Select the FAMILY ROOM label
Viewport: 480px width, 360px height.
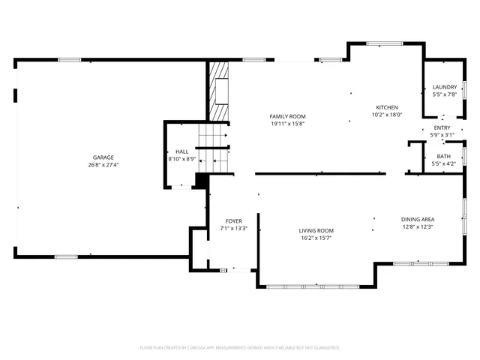[288, 115]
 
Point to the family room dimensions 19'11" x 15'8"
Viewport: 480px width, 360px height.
[288, 124]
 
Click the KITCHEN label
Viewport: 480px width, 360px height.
[386, 107]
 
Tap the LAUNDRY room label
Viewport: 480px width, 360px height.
[444, 87]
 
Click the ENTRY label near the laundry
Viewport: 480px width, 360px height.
[442, 128]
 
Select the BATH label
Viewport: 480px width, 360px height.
[444, 156]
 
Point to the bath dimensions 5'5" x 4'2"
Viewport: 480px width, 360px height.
[444, 163]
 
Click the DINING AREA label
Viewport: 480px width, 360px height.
[418, 219]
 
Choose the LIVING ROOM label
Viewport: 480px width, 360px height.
[316, 230]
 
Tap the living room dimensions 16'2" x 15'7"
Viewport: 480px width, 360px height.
[316, 238]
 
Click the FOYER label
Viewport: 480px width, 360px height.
[233, 220]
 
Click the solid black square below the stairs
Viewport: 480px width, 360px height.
[200, 180]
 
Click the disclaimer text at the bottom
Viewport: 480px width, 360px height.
[240, 348]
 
